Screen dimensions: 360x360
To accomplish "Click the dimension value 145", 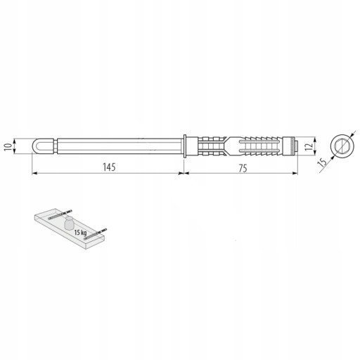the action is pyautogui.click(x=109, y=167).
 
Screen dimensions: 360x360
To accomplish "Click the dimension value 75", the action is pyautogui.click(x=243, y=168).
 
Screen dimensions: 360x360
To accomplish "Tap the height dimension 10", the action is pyautogui.click(x=8, y=147).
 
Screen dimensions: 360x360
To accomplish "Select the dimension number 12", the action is pyautogui.click(x=309, y=146).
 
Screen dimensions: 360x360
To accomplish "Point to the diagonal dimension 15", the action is pyautogui.click(x=323, y=162).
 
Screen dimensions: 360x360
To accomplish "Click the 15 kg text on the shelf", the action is pyautogui.click(x=80, y=233).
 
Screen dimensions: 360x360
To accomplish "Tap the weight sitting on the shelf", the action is pyautogui.click(x=69, y=223).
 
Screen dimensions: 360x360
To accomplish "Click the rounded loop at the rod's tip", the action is pyautogui.click(x=37, y=146).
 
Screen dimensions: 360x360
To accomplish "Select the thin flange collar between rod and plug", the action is pyautogui.click(x=185, y=146).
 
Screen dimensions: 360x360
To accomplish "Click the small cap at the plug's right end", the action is pyautogui.click(x=296, y=146).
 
